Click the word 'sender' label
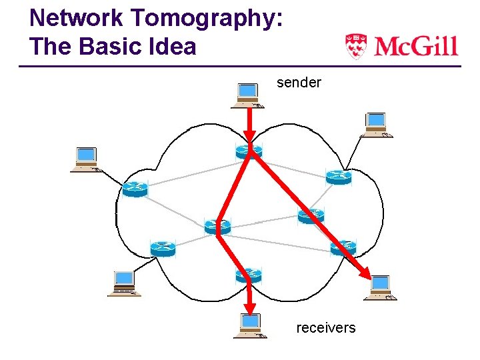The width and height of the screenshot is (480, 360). click(299, 83)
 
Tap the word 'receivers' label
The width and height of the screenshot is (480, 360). click(325, 328)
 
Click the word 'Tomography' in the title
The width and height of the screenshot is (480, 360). click(202, 18)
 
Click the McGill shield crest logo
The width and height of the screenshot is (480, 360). click(356, 46)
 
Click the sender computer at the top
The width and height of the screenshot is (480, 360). click(247, 95)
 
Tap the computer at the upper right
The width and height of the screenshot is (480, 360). click(376, 125)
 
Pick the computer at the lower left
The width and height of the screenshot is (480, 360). click(124, 283)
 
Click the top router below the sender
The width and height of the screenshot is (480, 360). click(249, 152)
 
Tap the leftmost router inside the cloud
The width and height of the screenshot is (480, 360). click(135, 189)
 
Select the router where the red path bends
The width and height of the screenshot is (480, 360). click(217, 226)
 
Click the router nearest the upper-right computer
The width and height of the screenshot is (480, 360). click(338, 177)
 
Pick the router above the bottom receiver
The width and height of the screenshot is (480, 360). click(249, 274)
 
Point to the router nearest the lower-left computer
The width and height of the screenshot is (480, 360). click(162, 249)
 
